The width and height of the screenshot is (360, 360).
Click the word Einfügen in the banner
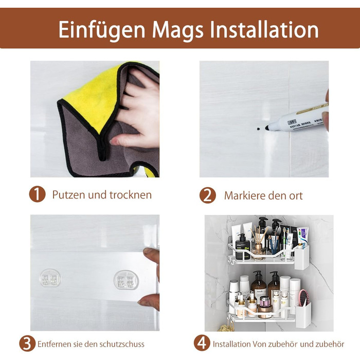102,30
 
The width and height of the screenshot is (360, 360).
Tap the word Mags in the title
178,30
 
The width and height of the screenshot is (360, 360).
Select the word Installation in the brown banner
264,29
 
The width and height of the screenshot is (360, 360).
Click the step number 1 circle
37,194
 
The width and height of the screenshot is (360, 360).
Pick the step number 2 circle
208,195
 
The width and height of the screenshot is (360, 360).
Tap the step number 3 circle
27,344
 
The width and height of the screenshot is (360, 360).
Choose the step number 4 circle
202,343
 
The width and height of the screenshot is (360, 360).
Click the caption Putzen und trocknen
102,195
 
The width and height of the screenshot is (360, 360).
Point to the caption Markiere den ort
263,195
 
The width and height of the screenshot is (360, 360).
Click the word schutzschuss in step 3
122,344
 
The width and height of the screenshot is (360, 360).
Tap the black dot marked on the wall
258,129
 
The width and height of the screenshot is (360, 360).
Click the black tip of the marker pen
267,128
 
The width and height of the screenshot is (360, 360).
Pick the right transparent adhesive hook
127,280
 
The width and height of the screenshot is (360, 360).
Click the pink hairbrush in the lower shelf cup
303,298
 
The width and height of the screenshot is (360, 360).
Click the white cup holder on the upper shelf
301,257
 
